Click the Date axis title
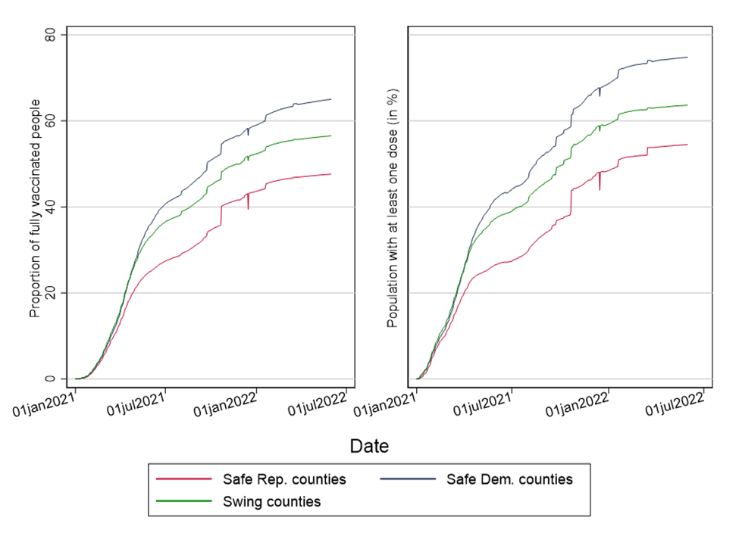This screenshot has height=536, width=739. coord(369,447)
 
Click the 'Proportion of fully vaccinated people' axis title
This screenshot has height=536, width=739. coord(35,208)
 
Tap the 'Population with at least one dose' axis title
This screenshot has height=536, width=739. coord(393,208)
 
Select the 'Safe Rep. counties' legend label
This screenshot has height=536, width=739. coord(284,479)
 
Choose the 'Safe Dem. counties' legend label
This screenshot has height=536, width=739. coord(509,479)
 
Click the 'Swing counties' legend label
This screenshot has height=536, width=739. coord(271,501)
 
